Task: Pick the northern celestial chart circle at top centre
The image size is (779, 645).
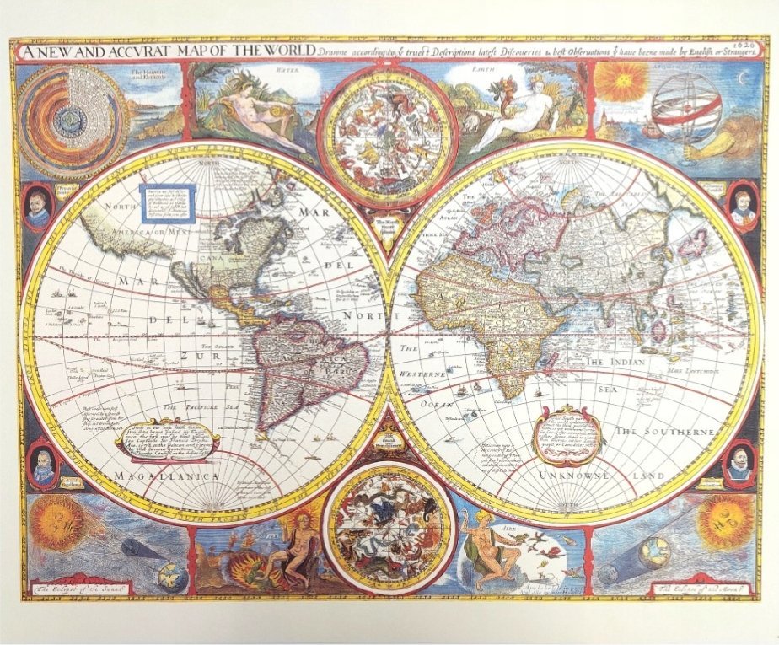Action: [x=389, y=135]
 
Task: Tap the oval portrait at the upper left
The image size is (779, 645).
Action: [x=36, y=207]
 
